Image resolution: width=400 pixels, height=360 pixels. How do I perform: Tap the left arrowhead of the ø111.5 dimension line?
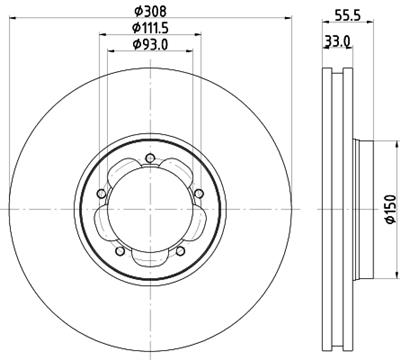[99, 37]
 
